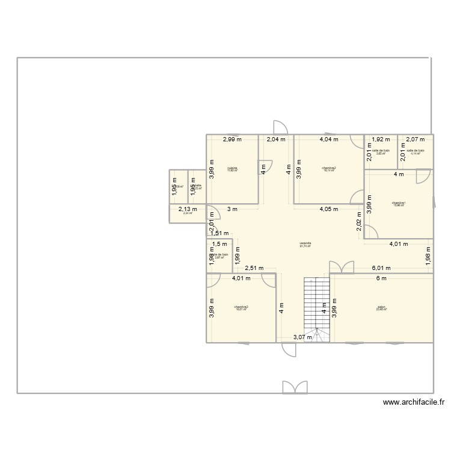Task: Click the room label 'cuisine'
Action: [x=232, y=168]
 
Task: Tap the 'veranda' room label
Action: [x=305, y=244]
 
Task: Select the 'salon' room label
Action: [x=381, y=307]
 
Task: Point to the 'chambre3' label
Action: [x=241, y=307]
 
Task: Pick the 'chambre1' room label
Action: [x=399, y=203]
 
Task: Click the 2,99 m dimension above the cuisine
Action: [x=232, y=140]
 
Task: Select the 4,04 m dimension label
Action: [x=328, y=140]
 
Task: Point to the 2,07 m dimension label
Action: [x=416, y=140]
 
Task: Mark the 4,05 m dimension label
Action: [x=328, y=209]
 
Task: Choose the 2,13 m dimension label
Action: [x=188, y=209]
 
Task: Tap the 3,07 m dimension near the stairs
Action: [x=302, y=337]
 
